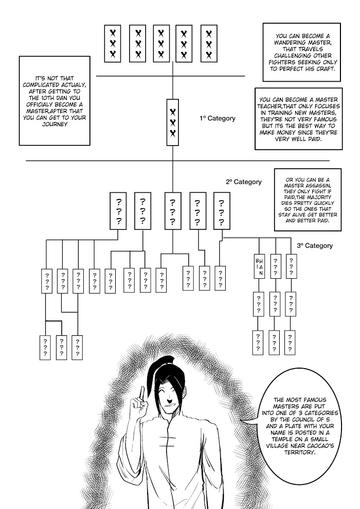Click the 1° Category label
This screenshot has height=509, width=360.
click(x=218, y=118)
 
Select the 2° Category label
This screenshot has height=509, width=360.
click(x=243, y=181)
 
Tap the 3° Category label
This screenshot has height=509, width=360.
click(x=315, y=245)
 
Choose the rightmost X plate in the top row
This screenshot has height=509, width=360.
click(x=210, y=43)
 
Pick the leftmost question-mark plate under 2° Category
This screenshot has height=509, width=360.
click(x=119, y=210)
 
